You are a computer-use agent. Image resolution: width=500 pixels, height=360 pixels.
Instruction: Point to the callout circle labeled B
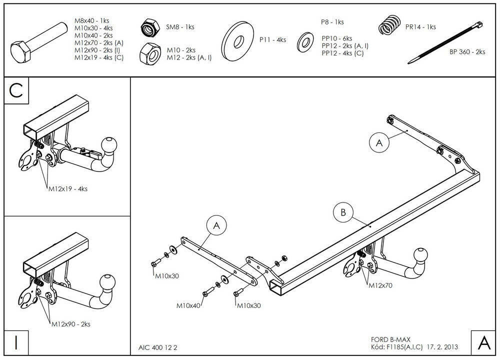[x=343, y=212]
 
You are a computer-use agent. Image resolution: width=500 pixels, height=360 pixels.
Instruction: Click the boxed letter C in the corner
[x=16, y=90]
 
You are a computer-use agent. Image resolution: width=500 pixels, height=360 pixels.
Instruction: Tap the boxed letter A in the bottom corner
[x=483, y=343]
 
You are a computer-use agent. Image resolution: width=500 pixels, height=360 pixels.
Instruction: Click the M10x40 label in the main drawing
[x=188, y=304]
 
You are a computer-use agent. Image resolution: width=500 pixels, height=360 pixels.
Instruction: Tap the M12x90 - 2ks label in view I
[x=70, y=324]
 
